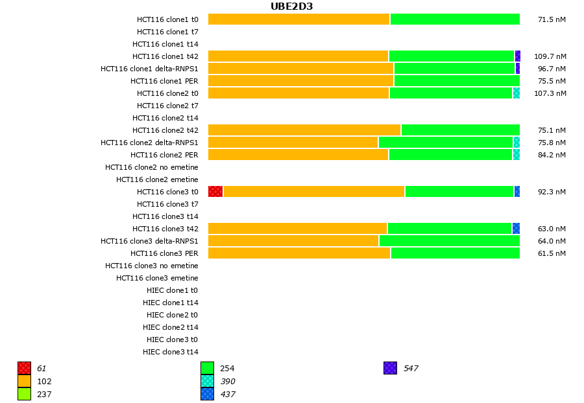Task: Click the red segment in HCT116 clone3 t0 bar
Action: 215,192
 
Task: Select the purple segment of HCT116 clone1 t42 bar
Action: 517,56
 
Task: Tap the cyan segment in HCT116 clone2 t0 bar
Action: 516,93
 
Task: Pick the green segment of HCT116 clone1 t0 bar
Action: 454,19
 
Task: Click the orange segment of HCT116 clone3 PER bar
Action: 299,253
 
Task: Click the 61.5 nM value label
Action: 552,253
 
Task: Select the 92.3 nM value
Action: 552,192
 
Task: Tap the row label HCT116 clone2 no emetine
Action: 152,167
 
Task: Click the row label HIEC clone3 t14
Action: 171,352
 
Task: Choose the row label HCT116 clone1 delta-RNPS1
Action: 149,69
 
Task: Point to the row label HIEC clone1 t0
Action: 172,290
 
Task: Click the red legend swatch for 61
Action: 25,369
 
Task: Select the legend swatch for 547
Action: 390,369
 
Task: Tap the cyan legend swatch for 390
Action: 207,382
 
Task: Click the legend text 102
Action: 44,382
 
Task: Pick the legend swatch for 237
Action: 25,394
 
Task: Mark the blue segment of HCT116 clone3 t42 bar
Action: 516,229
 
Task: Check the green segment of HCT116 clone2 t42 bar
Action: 460,130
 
